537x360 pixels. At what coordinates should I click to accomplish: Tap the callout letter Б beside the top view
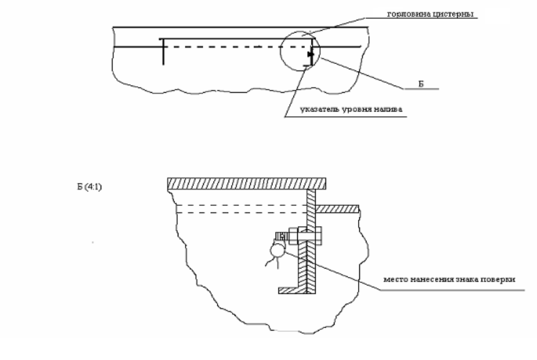coord(421,84)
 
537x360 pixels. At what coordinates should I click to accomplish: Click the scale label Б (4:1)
coord(89,187)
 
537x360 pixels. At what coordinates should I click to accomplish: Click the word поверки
coord(498,280)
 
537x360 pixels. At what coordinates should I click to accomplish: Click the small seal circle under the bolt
coord(277,251)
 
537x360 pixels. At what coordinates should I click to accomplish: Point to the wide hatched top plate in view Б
coord(246,184)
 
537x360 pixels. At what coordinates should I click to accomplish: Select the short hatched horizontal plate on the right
coord(337,209)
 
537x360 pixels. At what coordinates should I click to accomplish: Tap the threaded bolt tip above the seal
coord(281,237)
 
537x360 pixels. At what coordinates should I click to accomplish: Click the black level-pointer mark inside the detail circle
coord(310,54)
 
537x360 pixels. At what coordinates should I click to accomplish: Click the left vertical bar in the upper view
coord(163,52)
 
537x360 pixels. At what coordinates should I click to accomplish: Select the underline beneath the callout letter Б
coord(421,89)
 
